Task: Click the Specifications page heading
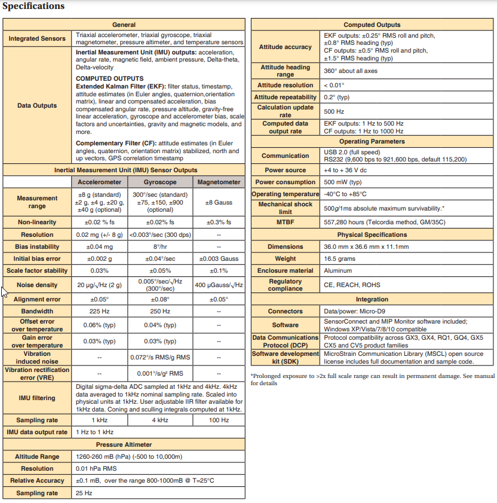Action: point(33,7)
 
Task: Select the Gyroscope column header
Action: point(160,182)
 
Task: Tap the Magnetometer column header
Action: point(219,182)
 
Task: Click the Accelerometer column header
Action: point(99,182)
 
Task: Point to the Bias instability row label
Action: point(37,246)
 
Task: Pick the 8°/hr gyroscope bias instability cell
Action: point(160,246)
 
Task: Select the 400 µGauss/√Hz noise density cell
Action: point(219,285)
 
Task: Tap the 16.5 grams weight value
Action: point(338,259)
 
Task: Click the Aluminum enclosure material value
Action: point(338,271)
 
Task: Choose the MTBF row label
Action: point(286,222)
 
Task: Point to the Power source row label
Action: point(286,170)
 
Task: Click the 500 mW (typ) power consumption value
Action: point(343,182)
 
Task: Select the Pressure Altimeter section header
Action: point(124,444)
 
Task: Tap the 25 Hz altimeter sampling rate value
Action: point(84,493)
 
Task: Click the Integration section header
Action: point(372,299)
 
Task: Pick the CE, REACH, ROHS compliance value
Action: point(349,285)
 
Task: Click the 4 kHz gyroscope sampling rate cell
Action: point(160,420)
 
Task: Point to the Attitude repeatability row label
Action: point(286,97)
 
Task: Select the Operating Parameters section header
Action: point(372,141)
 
